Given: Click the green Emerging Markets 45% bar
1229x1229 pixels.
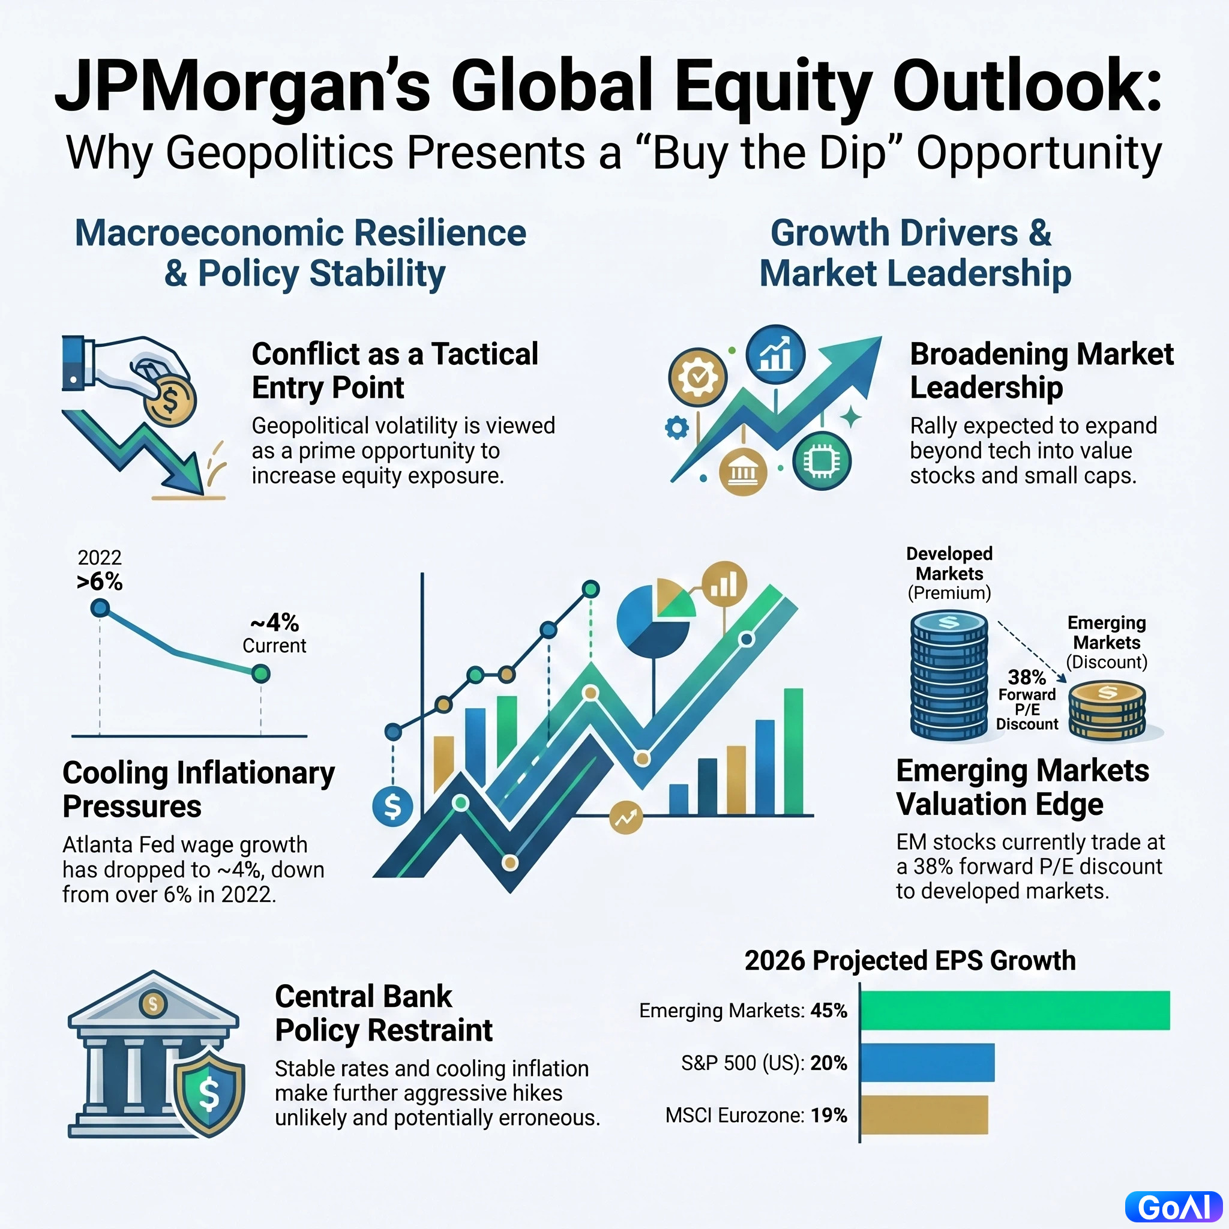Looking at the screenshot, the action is point(1015,1010).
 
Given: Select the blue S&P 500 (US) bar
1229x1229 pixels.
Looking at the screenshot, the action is point(928,1062).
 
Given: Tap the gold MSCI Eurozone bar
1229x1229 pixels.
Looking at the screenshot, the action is point(924,1115).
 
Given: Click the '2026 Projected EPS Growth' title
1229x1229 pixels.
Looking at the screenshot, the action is point(910,961).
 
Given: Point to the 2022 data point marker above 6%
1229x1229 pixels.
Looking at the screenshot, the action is point(100,608).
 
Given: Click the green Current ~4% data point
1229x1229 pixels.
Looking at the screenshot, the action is point(261,674).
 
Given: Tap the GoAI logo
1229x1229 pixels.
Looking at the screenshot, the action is point(1174,1207).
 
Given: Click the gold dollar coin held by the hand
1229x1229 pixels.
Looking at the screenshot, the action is point(170,400).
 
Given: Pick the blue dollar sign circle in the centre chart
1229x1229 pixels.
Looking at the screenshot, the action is point(392,806).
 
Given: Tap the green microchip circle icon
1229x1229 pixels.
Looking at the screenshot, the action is point(822,461).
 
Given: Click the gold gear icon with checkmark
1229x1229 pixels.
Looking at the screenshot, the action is point(698,377).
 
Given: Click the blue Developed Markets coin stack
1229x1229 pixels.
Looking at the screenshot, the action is point(949,676).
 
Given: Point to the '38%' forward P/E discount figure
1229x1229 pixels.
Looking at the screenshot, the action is point(1027,677).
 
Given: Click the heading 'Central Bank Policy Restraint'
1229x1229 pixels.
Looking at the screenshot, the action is point(383,1014).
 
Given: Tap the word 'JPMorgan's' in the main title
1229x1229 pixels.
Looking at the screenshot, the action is point(243,85).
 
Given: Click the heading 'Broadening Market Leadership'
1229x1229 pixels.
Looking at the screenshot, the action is point(1041,371).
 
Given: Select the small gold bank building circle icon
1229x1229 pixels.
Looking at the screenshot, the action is point(742,473).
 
